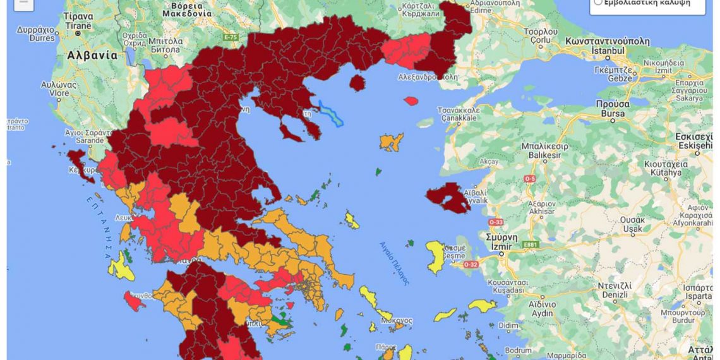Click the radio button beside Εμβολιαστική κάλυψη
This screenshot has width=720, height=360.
click(597, 3)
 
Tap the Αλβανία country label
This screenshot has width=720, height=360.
click(92, 55)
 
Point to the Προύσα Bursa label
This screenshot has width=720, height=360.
click(612, 109)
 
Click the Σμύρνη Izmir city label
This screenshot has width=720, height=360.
click(498, 241)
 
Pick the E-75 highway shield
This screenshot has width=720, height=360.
click(231, 37)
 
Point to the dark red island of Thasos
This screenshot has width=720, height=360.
click(357, 83)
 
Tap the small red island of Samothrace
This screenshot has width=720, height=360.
click(411, 100)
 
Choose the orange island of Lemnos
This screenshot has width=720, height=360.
click(392, 141)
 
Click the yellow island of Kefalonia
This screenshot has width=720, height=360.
click(121, 266)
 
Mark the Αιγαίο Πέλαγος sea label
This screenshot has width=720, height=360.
click(394, 263)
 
